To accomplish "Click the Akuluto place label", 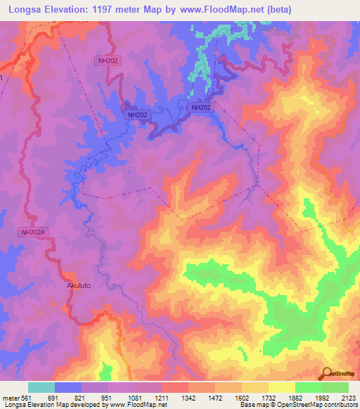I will tap(79, 287).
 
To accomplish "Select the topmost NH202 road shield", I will tap(108, 61).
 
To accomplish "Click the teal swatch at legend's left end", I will tap(41, 387).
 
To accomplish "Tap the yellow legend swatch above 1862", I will tap(282, 387).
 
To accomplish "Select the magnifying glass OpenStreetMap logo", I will tap(326, 373).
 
